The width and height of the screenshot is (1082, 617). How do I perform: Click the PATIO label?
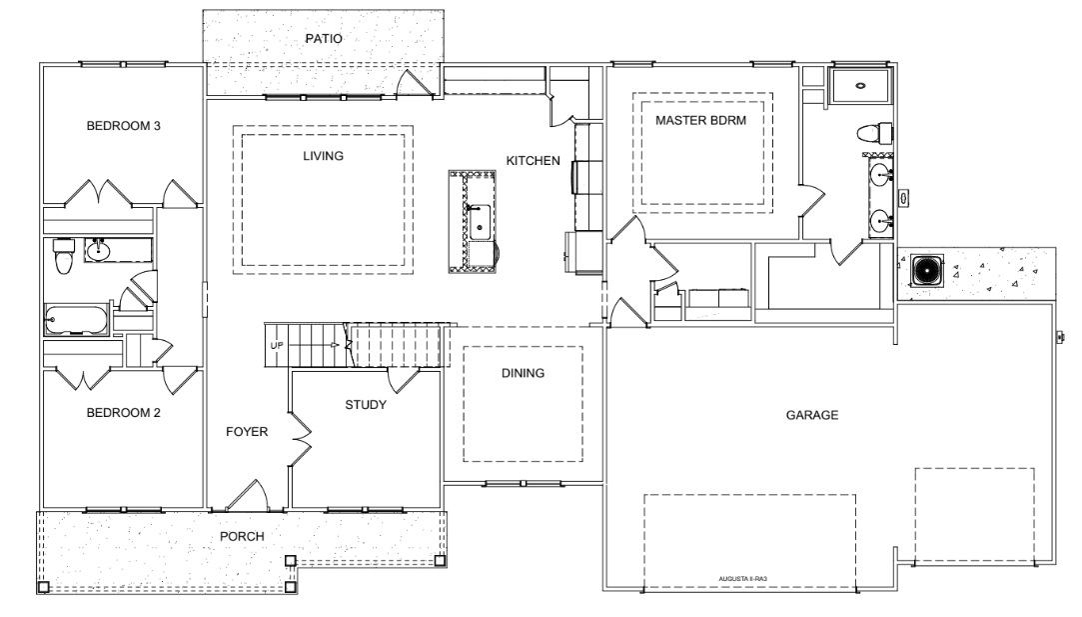324,39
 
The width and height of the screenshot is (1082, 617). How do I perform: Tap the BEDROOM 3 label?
124,126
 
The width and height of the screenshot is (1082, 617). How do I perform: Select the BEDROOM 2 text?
124,412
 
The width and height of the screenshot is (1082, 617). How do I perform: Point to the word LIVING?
323,156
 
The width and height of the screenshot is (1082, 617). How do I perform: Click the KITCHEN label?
534,160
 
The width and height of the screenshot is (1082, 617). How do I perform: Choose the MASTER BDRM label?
701,120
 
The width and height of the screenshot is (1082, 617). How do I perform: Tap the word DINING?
524,373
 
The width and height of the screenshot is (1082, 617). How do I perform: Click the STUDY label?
366,405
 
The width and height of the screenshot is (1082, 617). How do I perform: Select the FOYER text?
247,432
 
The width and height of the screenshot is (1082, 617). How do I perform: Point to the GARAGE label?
812,415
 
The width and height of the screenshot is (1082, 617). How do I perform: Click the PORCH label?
242,536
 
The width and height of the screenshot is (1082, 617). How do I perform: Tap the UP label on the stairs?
277,345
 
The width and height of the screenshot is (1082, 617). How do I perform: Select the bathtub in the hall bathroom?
76,319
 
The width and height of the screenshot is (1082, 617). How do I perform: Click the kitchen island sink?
480,222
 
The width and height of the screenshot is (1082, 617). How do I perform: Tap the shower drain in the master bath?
860,86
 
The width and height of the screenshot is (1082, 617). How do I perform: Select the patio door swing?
416,82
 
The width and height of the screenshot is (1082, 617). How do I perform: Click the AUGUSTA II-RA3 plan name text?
741,578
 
